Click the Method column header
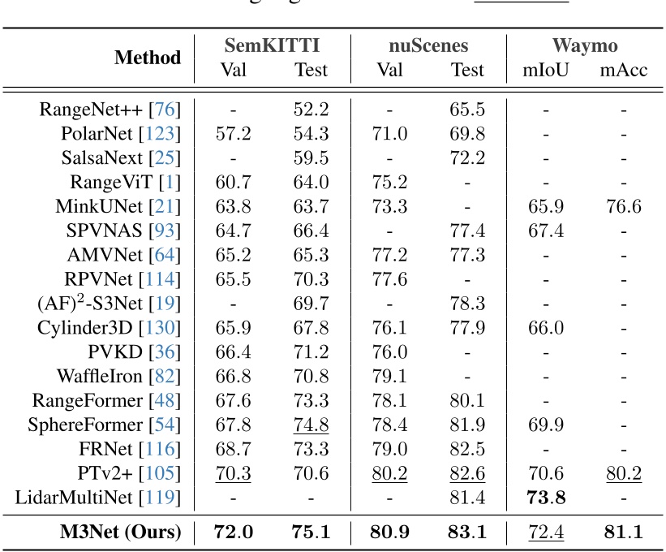coord(148,58)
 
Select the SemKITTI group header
coord(272,45)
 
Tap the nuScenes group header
coord(428,45)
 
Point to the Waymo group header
coord(585,45)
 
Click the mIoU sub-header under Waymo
coord(546,70)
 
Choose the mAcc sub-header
coord(623,70)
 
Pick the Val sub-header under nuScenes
coord(389,70)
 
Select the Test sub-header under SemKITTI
coord(311,70)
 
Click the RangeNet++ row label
coord(110,110)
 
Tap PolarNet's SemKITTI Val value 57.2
coord(233,134)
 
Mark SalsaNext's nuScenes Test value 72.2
coord(467,158)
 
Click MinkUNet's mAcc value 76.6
coord(623,206)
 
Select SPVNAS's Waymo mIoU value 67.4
coord(546,231)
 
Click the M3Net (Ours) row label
coord(121,533)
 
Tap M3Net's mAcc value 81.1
coord(623,533)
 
